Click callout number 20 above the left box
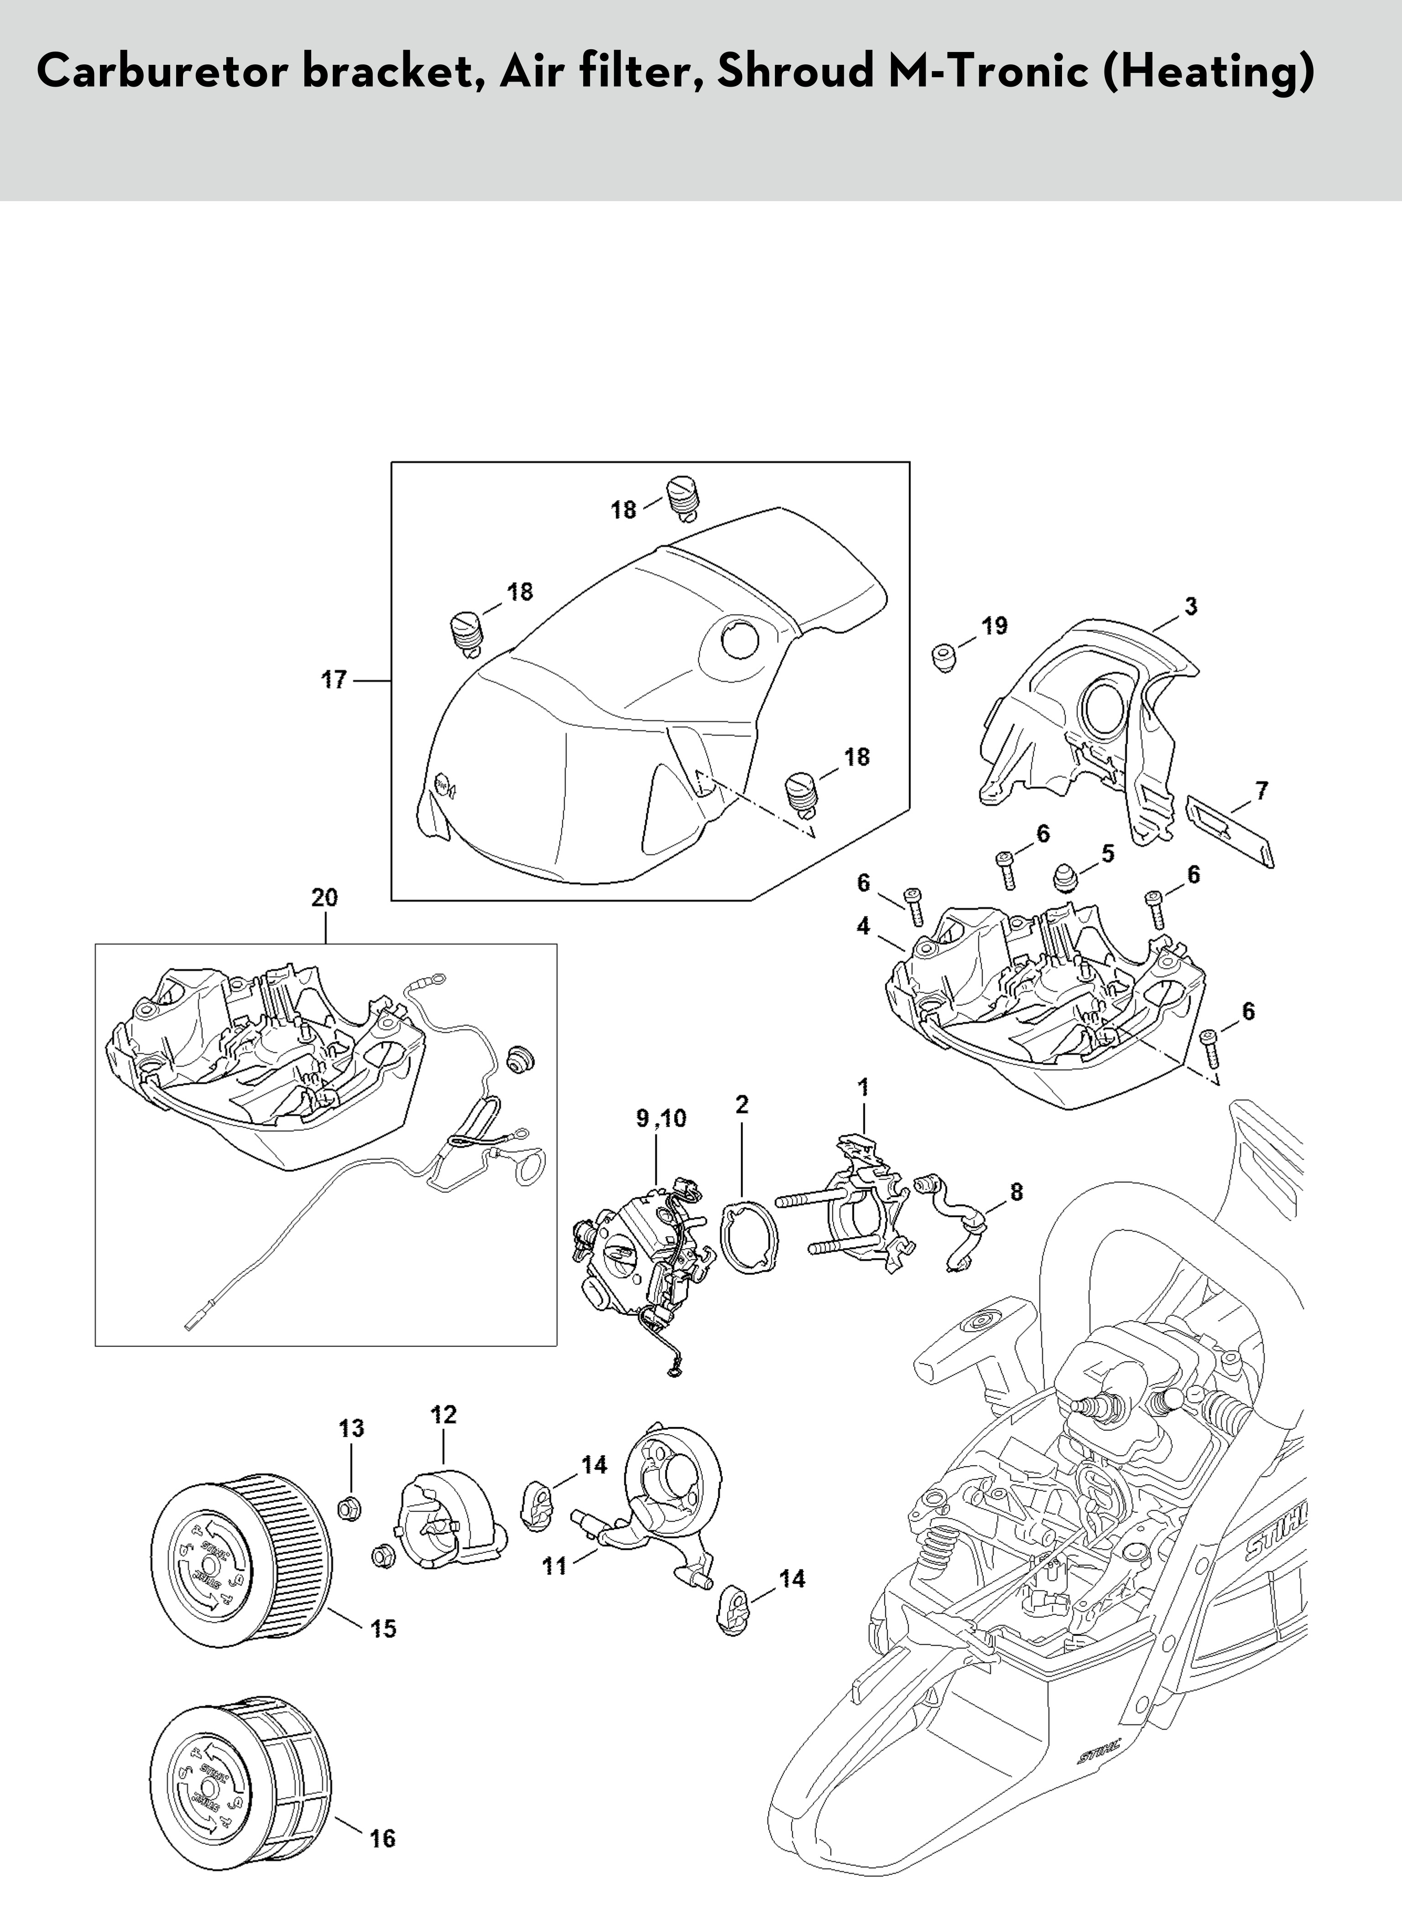pos(324,898)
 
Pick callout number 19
pos(994,626)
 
